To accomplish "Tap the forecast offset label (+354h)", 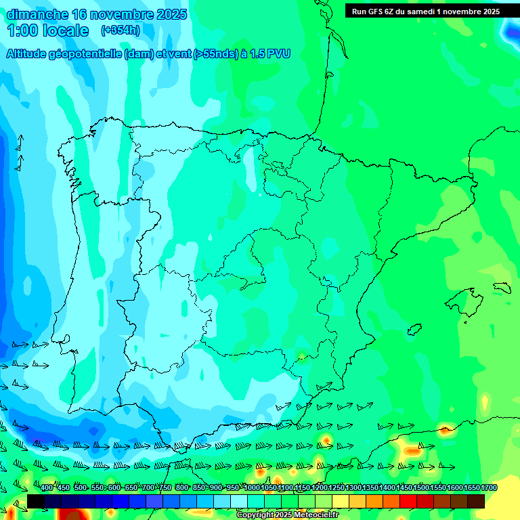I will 120,30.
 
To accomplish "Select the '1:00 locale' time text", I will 47,30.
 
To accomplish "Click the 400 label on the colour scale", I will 47,488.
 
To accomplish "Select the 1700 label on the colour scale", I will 489,488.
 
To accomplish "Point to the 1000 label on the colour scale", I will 252,488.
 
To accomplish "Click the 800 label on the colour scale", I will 181,488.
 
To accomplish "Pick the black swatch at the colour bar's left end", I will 36,501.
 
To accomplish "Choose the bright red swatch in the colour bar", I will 408,501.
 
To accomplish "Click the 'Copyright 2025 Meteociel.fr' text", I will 287,515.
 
